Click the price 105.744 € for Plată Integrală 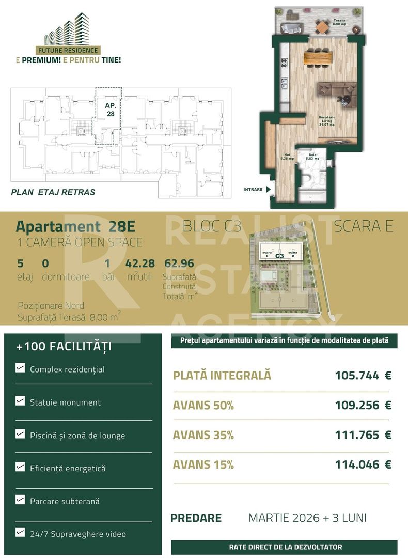(x=363, y=376)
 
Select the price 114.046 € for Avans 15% (x=363, y=464)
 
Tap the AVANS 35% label (x=203, y=435)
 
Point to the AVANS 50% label (x=203, y=406)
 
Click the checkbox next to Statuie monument (x=20, y=401)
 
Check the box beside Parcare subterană (x=20, y=500)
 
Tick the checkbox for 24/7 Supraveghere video (x=20, y=532)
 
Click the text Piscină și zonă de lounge (x=77, y=436)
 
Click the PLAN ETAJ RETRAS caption (x=53, y=192)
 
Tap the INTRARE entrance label (x=253, y=190)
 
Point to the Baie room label (x=312, y=157)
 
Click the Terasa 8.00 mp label (x=339, y=22)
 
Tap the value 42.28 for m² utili (x=140, y=263)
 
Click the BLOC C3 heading (x=212, y=226)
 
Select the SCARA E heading (x=363, y=226)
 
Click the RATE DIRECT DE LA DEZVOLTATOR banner (x=285, y=547)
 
